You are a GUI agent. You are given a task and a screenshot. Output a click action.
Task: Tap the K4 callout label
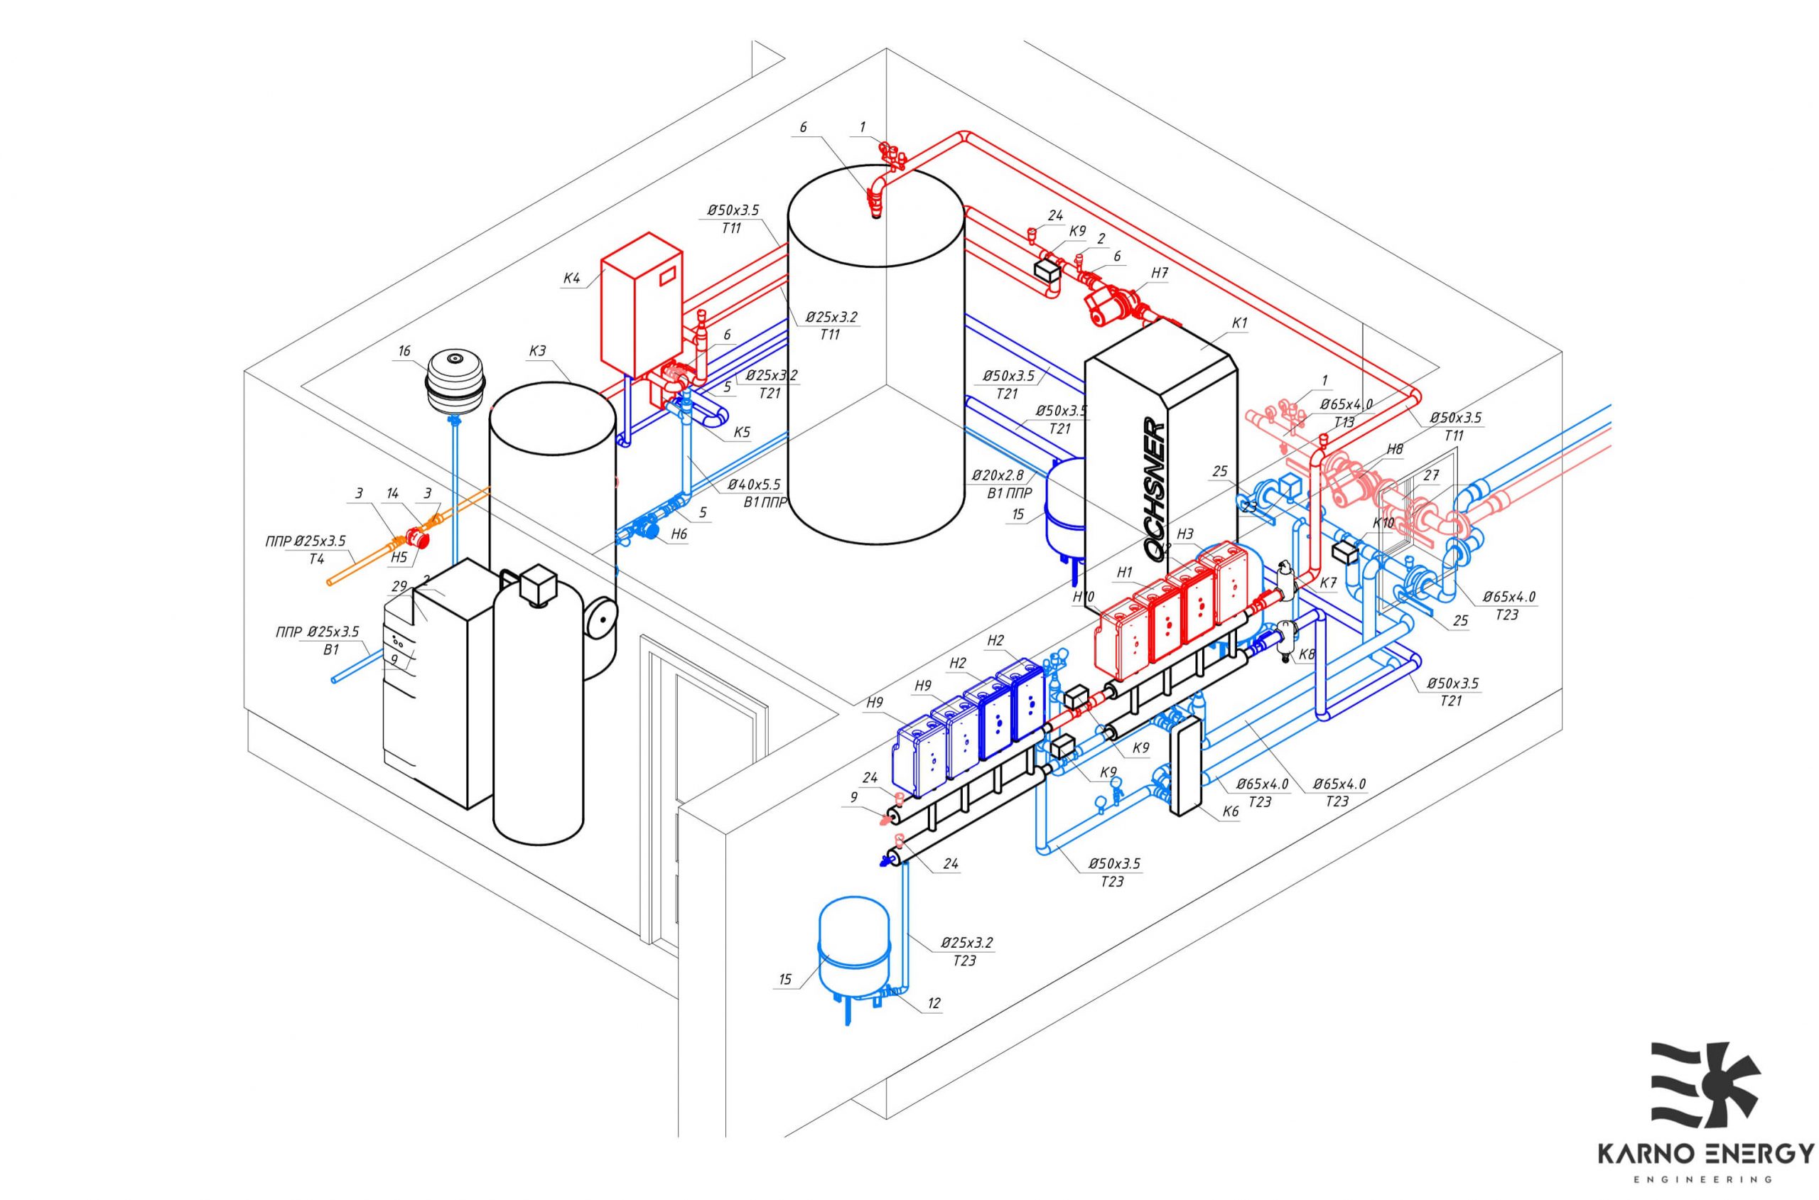click(x=572, y=278)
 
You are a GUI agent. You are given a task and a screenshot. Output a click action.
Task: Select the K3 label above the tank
click(x=537, y=351)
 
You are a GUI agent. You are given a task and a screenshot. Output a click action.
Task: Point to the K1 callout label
click(x=1239, y=323)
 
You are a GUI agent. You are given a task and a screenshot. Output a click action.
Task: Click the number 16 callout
click(x=404, y=350)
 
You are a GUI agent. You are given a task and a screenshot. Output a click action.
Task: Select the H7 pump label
click(x=1160, y=272)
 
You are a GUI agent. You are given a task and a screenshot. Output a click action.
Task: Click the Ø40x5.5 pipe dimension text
click(x=754, y=485)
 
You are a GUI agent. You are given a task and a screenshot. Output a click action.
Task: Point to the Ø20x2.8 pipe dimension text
click(x=997, y=475)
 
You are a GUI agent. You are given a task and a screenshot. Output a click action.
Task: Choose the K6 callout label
click(x=1230, y=811)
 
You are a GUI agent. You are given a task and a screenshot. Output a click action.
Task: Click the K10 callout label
click(x=1383, y=524)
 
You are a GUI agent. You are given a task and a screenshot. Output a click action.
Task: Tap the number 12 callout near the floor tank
click(x=934, y=1002)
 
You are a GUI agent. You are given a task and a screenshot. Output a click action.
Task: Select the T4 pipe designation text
click(x=317, y=558)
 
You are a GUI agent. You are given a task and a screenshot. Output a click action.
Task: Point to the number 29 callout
click(x=398, y=586)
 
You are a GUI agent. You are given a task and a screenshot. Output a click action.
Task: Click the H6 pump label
click(x=679, y=535)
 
